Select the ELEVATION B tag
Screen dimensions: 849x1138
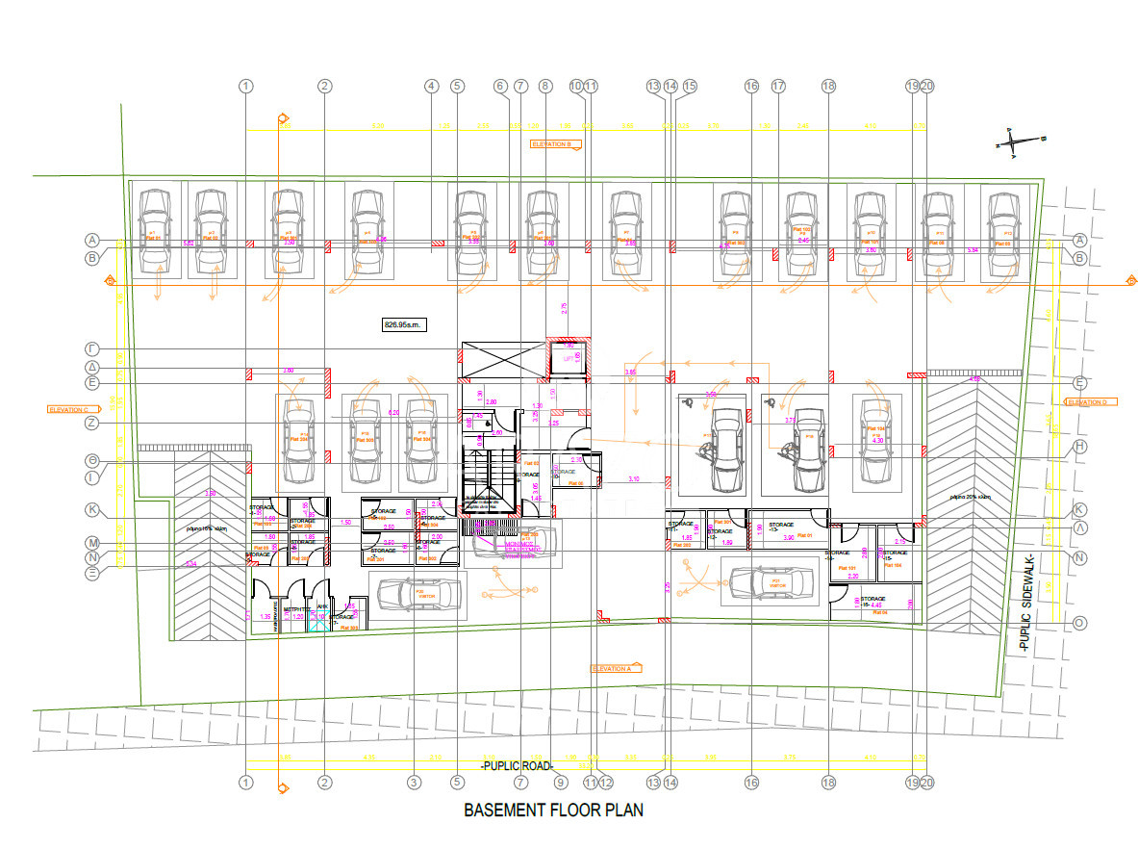[x=556, y=144]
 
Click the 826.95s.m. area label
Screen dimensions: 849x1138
[x=403, y=325]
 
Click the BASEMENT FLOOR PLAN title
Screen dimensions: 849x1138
[x=553, y=810]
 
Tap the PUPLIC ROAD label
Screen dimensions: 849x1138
[x=518, y=766]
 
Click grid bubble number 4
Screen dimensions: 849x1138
[x=432, y=87]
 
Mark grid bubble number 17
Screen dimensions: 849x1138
[x=778, y=87]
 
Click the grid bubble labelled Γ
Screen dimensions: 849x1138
[x=93, y=348]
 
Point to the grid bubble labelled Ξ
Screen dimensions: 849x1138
[x=93, y=573]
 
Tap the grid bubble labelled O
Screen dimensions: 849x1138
[x=1079, y=623]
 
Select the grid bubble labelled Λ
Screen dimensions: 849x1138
[x=1079, y=527]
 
